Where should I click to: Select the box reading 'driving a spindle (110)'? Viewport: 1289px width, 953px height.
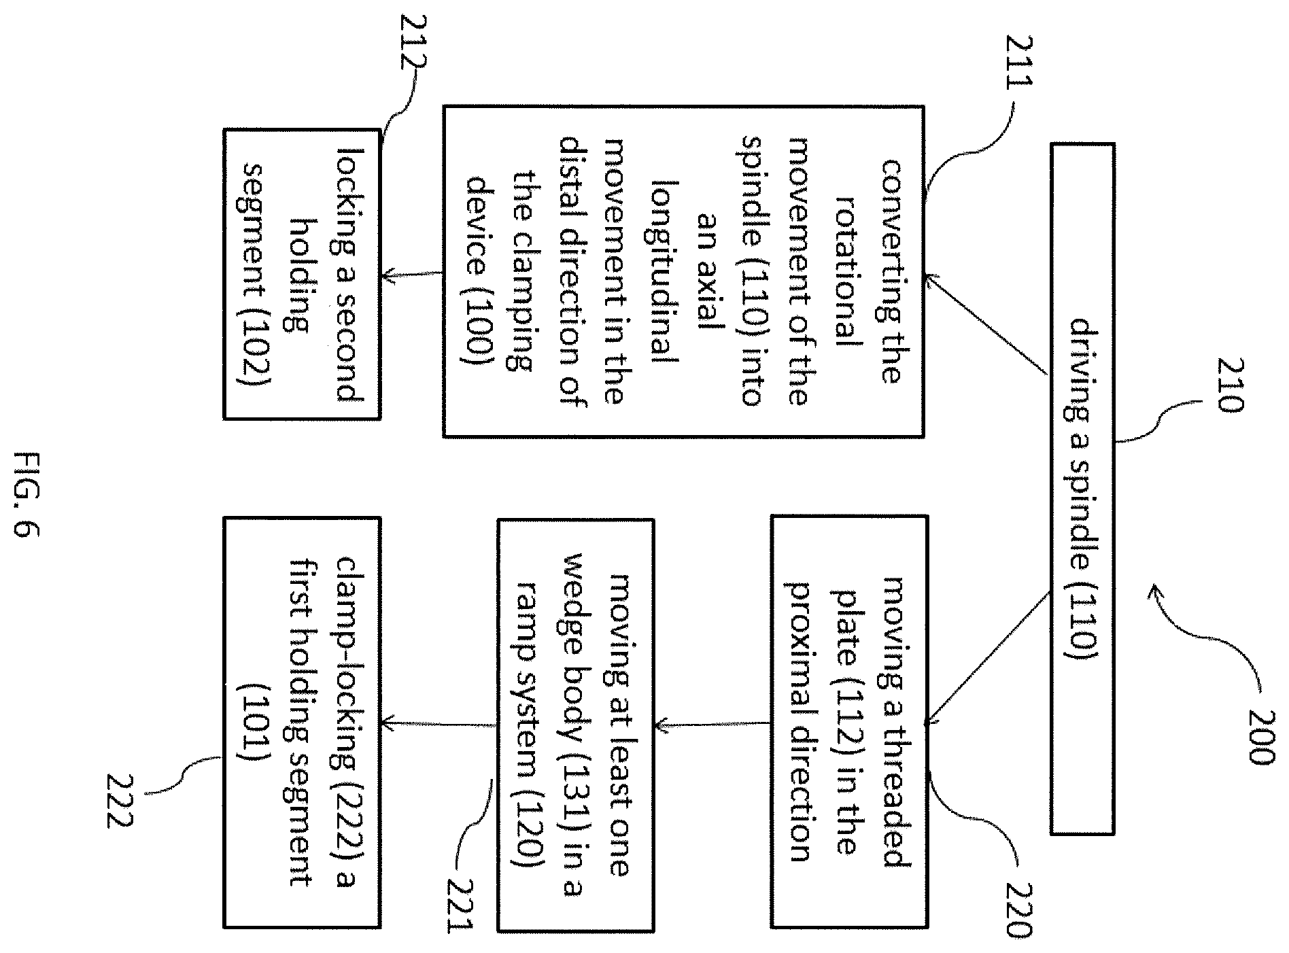click(x=1083, y=488)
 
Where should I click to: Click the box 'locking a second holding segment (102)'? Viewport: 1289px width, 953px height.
click(x=302, y=274)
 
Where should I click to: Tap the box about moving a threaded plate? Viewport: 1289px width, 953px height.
click(x=848, y=721)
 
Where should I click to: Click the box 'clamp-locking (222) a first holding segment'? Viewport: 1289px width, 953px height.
click(x=302, y=723)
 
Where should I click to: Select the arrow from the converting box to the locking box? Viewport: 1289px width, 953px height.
click(x=413, y=275)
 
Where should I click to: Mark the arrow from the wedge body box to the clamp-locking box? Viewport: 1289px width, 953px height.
click(x=439, y=724)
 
